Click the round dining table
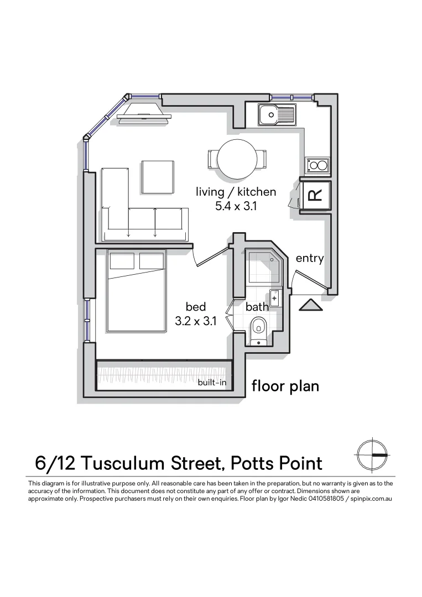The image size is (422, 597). pyautogui.click(x=237, y=159)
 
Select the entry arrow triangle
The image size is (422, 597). pyautogui.click(x=309, y=305)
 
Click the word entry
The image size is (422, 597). pyautogui.click(x=309, y=258)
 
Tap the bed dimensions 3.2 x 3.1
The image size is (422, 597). pyautogui.click(x=195, y=321)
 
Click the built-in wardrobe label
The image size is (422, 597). pyautogui.click(x=212, y=382)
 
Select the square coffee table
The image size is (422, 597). pyautogui.click(x=158, y=177)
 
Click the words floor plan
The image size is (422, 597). pyautogui.click(x=285, y=385)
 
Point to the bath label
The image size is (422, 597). pyautogui.click(x=257, y=307)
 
